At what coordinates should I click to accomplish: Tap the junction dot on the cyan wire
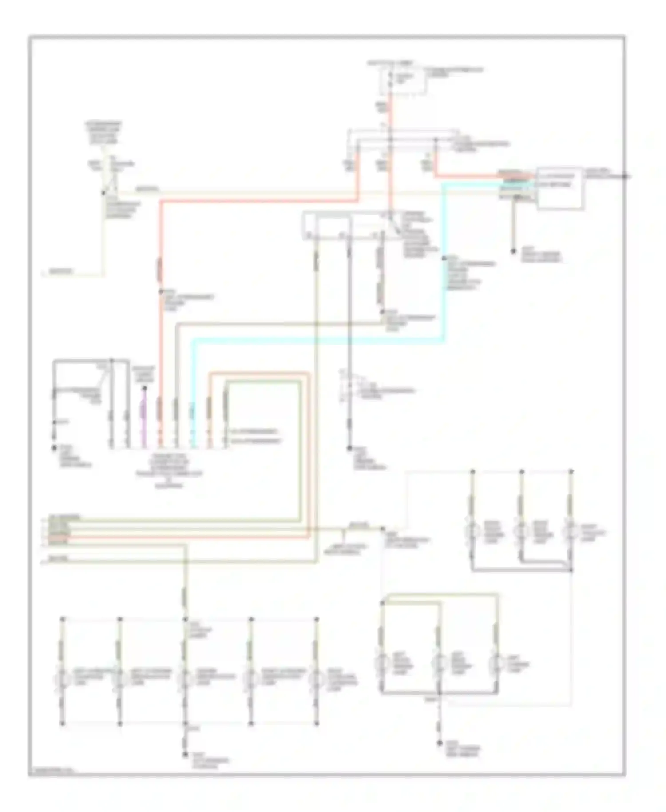[444, 258]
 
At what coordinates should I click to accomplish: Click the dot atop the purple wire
[143, 389]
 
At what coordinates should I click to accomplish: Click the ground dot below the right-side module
[514, 251]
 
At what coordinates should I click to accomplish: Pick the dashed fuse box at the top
[403, 81]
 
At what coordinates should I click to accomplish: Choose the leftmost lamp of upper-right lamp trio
[473, 531]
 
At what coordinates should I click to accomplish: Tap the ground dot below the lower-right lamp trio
[440, 743]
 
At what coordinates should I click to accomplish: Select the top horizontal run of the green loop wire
[262, 381]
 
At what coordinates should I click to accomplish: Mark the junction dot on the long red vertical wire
[161, 292]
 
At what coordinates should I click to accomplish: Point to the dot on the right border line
[625, 177]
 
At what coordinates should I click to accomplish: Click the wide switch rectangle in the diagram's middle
[351, 226]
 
